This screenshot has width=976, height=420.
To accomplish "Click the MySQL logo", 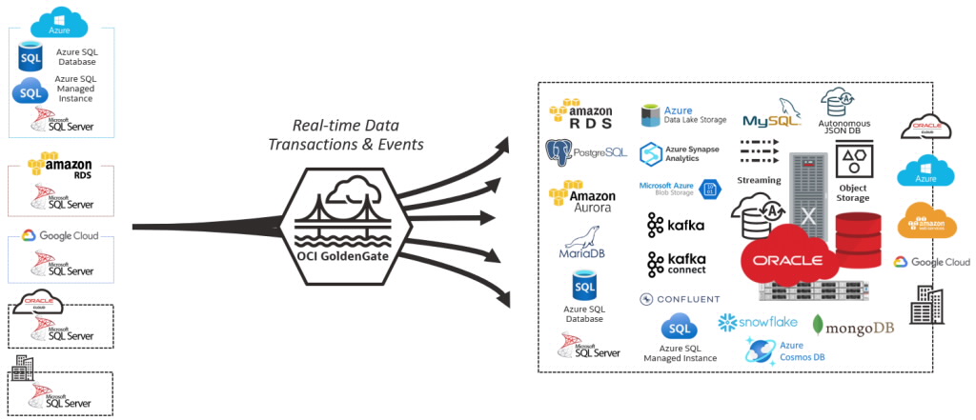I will tap(772, 114).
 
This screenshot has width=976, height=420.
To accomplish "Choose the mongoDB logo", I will tap(853, 327).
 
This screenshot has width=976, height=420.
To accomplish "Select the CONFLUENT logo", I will tap(680, 299).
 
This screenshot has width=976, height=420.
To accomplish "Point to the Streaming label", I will tap(759, 180).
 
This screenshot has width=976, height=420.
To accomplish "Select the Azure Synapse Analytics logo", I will tap(680, 153).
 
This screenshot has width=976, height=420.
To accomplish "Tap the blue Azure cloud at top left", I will tap(60, 23).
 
